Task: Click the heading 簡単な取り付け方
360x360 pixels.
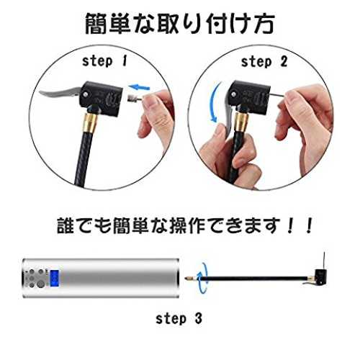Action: click(180, 24)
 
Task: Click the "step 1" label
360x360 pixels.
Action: click(104, 61)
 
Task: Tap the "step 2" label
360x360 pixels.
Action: click(264, 62)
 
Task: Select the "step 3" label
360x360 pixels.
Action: click(179, 319)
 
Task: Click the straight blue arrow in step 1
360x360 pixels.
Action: click(139, 87)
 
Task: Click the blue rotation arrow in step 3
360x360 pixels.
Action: click(202, 278)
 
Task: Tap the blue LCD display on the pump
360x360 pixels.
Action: click(55, 278)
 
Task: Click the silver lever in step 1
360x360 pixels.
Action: click(60, 94)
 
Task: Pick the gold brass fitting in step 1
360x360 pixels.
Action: click(91, 123)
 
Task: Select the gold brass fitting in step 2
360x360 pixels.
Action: click(241, 122)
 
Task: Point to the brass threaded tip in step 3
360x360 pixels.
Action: click(191, 279)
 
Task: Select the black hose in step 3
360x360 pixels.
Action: click(253, 279)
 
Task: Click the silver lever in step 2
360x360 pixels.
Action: click(228, 115)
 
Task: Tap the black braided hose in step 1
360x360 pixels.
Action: click(84, 158)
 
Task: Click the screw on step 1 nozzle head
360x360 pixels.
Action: click(86, 94)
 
